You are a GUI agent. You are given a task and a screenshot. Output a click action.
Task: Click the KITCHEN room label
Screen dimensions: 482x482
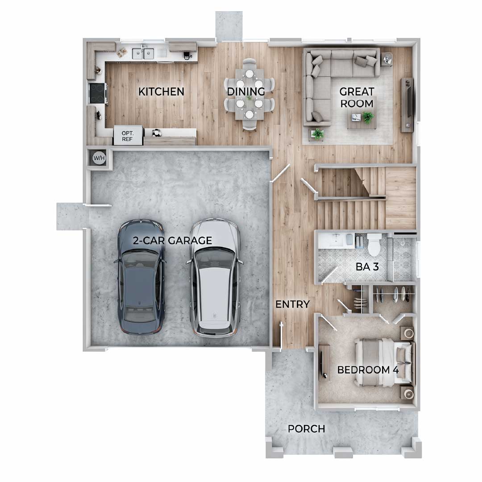point(161,91)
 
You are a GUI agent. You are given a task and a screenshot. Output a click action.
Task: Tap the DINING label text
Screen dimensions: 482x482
point(246,91)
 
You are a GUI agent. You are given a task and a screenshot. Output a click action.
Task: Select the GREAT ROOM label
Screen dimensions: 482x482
point(357,97)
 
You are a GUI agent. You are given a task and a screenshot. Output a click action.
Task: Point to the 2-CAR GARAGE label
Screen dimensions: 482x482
point(172,241)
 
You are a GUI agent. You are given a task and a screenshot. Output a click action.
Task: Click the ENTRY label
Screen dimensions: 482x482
point(292,304)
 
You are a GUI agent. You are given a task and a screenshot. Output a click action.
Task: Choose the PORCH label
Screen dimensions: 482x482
point(306,429)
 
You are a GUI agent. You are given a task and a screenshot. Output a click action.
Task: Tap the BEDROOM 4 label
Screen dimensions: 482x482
point(368,370)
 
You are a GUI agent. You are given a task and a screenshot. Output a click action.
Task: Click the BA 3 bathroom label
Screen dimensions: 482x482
point(367,267)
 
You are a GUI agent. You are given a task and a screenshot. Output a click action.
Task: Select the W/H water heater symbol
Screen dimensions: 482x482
point(99,158)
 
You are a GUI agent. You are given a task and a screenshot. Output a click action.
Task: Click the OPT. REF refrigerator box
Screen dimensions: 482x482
point(128,136)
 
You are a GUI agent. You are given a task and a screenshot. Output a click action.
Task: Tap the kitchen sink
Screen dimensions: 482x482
point(143,54)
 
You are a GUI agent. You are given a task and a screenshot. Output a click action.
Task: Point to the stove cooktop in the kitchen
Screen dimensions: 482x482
point(98,93)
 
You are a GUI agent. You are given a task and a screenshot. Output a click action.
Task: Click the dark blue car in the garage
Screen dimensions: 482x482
point(141,277)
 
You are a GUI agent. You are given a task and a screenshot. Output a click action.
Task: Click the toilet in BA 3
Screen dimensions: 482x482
point(374,245)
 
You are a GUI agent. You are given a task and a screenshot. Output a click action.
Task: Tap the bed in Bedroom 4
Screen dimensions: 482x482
point(384,362)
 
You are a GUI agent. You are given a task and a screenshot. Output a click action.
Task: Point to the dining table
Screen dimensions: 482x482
point(249,94)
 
